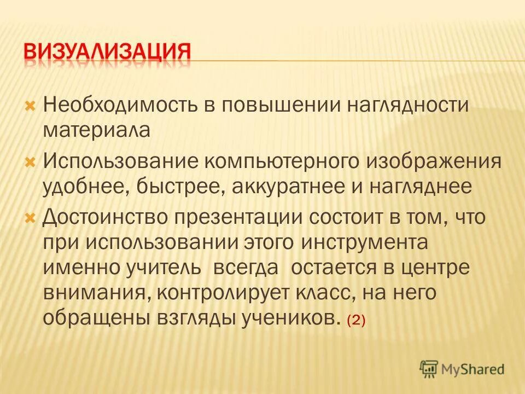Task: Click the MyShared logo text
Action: point(473,369)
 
